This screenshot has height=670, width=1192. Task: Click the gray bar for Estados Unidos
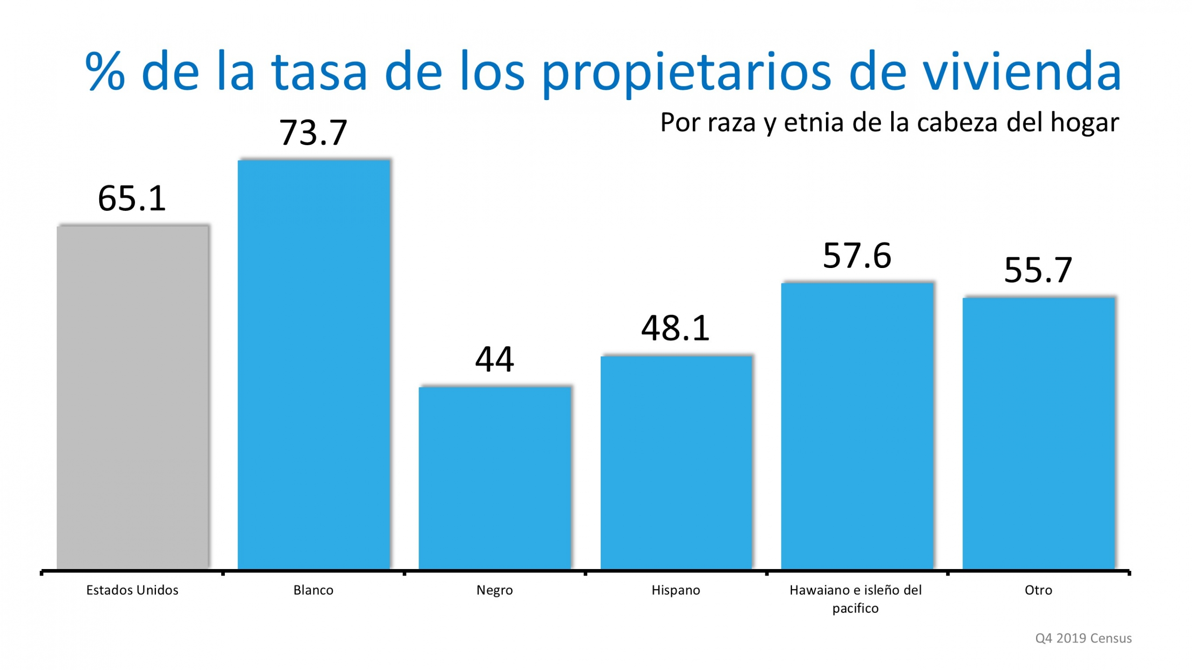133,398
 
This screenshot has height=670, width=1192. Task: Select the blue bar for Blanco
313,365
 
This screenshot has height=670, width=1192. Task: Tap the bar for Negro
494,478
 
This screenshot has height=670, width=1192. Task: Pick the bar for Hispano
676,463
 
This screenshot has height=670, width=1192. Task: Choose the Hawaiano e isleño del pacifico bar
857,426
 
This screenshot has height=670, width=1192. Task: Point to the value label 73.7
313,133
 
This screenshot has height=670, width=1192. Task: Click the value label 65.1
132,199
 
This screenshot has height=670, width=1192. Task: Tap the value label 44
494,359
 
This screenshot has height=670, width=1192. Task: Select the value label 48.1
675,328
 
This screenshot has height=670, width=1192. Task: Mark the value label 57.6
857,255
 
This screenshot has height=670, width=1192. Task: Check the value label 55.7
1038,270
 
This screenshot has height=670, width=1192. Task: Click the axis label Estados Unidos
132,590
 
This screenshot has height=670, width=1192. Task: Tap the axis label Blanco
313,590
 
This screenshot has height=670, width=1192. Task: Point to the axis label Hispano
676,590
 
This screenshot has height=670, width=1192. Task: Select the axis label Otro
1038,590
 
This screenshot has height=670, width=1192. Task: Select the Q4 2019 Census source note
1083,638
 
